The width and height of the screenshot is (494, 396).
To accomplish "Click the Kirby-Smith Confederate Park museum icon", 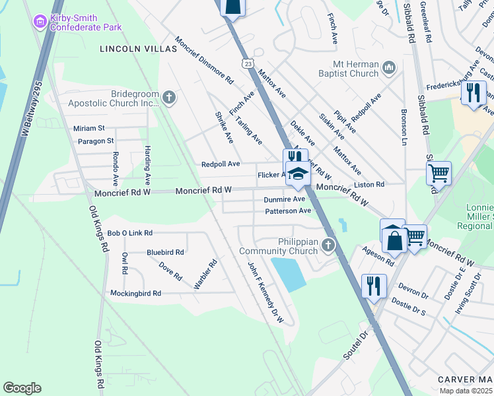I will click(x=40, y=22).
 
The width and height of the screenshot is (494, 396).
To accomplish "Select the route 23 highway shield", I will click(x=247, y=63).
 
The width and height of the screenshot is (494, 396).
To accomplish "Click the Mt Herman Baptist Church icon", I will click(x=389, y=67).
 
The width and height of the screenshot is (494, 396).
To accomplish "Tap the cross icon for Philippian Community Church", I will click(x=328, y=246).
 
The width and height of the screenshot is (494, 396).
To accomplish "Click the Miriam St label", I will click(x=89, y=128).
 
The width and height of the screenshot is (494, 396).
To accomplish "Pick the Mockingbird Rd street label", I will click(x=135, y=292).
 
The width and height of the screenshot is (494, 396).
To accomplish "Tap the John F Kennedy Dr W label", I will click(x=265, y=292).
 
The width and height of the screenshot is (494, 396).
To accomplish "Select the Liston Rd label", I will click(x=369, y=184).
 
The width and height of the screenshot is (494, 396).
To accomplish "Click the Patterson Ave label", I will click(x=287, y=211).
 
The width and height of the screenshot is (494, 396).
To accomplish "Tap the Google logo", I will click(x=22, y=388).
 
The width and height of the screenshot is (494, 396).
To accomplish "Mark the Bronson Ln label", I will click(x=404, y=128).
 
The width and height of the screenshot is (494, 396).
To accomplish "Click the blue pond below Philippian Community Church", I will click(x=289, y=274).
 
